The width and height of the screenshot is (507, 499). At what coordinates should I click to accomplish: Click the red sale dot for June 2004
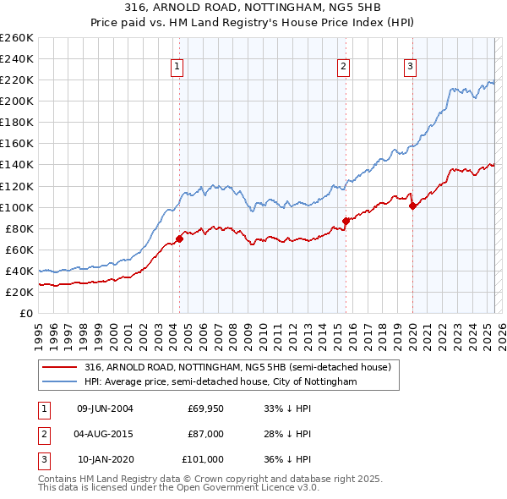tap(179, 239)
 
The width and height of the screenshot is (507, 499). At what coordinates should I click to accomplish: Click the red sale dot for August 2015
tap(346, 221)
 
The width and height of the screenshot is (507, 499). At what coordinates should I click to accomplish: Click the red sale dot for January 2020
tap(412, 206)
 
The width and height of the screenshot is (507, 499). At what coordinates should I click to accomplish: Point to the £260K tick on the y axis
tap(16, 38)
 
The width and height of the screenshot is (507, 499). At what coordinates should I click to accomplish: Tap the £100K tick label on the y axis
tap(16, 207)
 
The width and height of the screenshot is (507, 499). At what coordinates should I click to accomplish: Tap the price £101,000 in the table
tap(203, 459)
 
